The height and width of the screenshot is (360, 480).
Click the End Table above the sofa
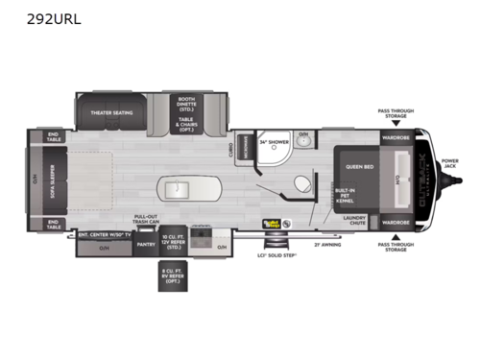[x=53, y=136]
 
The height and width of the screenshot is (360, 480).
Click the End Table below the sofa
[x=53, y=226]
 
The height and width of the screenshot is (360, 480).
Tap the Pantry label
[x=146, y=245]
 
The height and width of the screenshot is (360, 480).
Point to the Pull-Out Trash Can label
[x=146, y=221]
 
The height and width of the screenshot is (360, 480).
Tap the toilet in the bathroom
[x=305, y=182]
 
